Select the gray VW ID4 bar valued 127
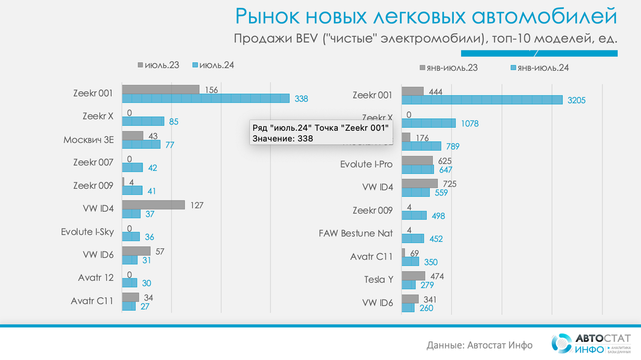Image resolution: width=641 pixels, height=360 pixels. click(x=153, y=205)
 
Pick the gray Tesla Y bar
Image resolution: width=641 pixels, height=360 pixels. click(x=413, y=275)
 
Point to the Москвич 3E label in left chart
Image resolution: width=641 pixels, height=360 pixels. click(x=88, y=140)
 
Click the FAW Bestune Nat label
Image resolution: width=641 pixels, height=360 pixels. click(x=355, y=233)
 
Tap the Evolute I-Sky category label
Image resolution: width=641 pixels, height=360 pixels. click(x=87, y=232)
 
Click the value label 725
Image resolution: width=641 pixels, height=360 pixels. click(x=450, y=184)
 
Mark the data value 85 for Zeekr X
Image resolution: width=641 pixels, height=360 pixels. click(x=173, y=122)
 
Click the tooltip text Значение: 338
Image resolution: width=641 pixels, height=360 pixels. click(x=282, y=139)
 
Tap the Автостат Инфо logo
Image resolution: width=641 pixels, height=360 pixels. click(x=591, y=343)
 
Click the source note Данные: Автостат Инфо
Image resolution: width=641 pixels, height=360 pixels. click(x=480, y=345)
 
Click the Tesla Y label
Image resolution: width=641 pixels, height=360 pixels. click(x=378, y=279)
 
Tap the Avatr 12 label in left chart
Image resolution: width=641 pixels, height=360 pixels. click(x=95, y=278)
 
